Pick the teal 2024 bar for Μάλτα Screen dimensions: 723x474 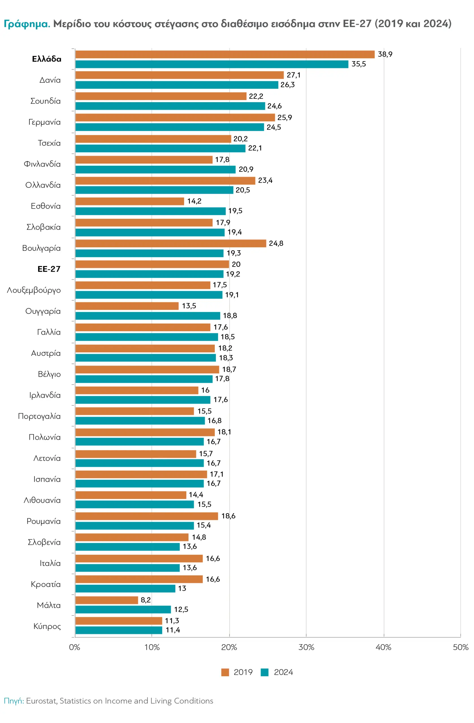coord(123,609)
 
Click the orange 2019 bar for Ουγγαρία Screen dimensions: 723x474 coord(127,306)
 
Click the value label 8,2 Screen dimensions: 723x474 coord(145,600)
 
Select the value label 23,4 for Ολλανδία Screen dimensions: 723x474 coord(265,180)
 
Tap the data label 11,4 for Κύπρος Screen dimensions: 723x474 coord(172,630)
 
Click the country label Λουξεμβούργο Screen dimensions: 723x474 coord(34,290)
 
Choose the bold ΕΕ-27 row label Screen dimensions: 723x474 coord(49,269)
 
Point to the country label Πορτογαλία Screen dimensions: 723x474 coord(39,416)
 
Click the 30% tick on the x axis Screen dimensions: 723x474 coord(306,647)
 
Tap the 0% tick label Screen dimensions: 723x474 coord(75,647)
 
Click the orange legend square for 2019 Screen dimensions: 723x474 coord(225,672)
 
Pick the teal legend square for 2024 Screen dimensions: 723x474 coord(264,672)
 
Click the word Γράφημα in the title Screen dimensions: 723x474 coord(27,24)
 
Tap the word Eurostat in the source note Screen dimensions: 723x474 coord(41,701)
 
